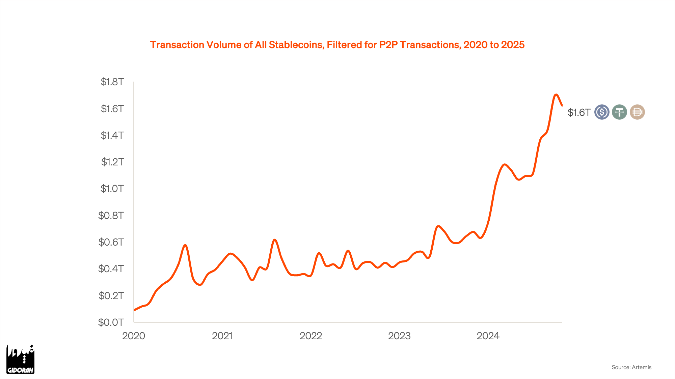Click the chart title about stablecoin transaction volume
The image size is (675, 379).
[x=337, y=45]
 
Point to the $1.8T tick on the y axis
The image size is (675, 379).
[x=112, y=82]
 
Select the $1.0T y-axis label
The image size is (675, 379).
[x=112, y=189]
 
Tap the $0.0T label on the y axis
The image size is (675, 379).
[x=111, y=322]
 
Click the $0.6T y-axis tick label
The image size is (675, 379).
[x=111, y=242]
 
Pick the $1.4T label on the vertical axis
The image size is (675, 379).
[x=112, y=135]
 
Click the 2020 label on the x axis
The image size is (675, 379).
[x=134, y=336]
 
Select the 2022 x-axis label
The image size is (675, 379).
[x=311, y=336]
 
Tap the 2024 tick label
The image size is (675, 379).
[x=488, y=336]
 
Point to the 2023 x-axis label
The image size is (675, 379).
[x=399, y=336]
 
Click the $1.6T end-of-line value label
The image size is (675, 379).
[x=579, y=113]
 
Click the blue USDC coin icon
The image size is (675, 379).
[x=602, y=112]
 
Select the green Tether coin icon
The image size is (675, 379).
[x=619, y=112]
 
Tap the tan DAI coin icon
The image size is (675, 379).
[x=637, y=112]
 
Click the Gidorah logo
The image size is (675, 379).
[x=20, y=359]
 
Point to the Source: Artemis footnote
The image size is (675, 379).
[x=631, y=367]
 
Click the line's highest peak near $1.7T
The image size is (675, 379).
[x=556, y=95]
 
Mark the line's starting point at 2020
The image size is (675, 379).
[x=134, y=310]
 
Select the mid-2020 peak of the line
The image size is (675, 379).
[x=185, y=245]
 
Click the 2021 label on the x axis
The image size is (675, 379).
[x=222, y=336]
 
